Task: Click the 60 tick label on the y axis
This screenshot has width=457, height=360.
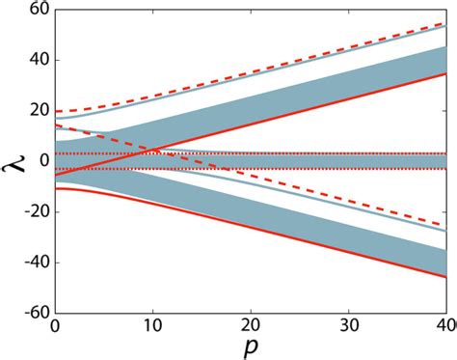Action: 34,10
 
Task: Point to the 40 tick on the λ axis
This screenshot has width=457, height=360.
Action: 34,60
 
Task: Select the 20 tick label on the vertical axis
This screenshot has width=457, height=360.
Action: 34,111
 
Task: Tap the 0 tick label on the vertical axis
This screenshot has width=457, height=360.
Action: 40,161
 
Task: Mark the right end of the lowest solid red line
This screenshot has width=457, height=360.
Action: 446,277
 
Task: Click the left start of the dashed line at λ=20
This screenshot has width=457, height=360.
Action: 55,111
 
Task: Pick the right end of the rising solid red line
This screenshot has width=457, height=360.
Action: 446,73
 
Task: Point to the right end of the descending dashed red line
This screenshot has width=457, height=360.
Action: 446,225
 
